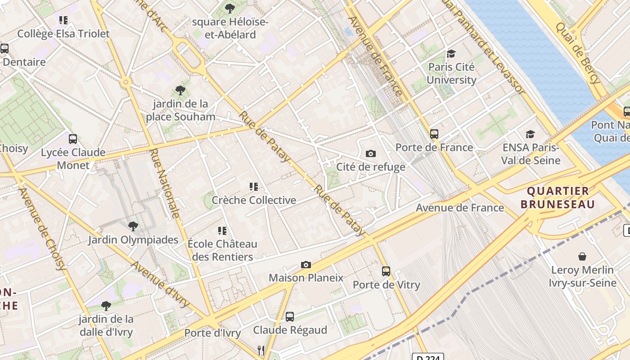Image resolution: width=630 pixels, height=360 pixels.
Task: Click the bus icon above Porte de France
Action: [x=434, y=134]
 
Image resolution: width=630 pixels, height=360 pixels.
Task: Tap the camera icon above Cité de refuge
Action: [x=370, y=153]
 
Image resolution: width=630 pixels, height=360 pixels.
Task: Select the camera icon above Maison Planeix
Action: [x=306, y=265]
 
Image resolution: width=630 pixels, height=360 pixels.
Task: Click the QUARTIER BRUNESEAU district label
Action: [x=558, y=197]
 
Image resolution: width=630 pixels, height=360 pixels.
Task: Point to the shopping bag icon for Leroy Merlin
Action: [x=582, y=256]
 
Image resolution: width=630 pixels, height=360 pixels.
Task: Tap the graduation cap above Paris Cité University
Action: [x=451, y=54]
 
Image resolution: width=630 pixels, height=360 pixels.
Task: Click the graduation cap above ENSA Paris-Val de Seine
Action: [x=531, y=134]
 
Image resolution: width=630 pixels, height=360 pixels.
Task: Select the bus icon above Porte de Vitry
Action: [x=386, y=271]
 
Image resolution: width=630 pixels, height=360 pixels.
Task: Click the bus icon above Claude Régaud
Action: [x=290, y=317]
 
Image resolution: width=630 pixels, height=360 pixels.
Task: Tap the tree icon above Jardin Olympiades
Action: [x=133, y=226]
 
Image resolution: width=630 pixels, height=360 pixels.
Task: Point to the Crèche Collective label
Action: [x=254, y=200]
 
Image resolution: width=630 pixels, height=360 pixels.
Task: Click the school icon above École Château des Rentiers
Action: [x=222, y=231]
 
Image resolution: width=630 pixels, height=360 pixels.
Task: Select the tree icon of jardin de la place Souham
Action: [x=180, y=90]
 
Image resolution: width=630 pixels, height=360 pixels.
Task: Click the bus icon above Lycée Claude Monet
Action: [x=73, y=139]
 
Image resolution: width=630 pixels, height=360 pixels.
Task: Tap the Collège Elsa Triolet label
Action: [x=63, y=33]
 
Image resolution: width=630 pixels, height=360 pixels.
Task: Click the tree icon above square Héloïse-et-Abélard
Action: [x=229, y=8]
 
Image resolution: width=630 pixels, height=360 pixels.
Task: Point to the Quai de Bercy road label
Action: [x=578, y=53]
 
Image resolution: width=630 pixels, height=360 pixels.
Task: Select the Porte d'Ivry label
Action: [x=212, y=333]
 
